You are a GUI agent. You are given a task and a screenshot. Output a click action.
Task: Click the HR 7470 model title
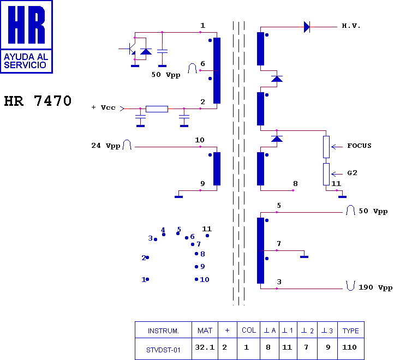38,101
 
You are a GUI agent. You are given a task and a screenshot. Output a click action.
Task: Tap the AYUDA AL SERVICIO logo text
26,61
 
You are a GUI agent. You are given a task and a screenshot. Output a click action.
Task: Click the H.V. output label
351,26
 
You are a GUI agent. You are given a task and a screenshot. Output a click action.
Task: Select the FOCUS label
359,146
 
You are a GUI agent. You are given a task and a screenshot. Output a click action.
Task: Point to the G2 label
352,173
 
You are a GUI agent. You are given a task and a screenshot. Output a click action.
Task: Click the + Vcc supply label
103,107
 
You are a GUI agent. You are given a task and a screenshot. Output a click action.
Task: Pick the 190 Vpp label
375,287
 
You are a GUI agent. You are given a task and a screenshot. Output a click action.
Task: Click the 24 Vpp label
105,146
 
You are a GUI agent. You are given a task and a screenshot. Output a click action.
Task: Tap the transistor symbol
130,49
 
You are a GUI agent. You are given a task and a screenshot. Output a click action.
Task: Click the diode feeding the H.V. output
307,27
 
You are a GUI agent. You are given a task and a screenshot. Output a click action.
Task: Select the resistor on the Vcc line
157,109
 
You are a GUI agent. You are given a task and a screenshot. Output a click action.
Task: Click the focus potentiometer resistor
326,147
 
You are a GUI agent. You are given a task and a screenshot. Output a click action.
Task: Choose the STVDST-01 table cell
163,350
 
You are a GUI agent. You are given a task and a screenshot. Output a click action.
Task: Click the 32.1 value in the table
205,347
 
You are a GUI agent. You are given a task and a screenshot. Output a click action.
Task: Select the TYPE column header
350,331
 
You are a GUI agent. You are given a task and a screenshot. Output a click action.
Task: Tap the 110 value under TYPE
349,347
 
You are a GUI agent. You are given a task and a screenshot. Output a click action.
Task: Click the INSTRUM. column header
163,331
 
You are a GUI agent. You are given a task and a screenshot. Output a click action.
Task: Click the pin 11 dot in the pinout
207,236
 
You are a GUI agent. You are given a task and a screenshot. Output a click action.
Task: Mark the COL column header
249,331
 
